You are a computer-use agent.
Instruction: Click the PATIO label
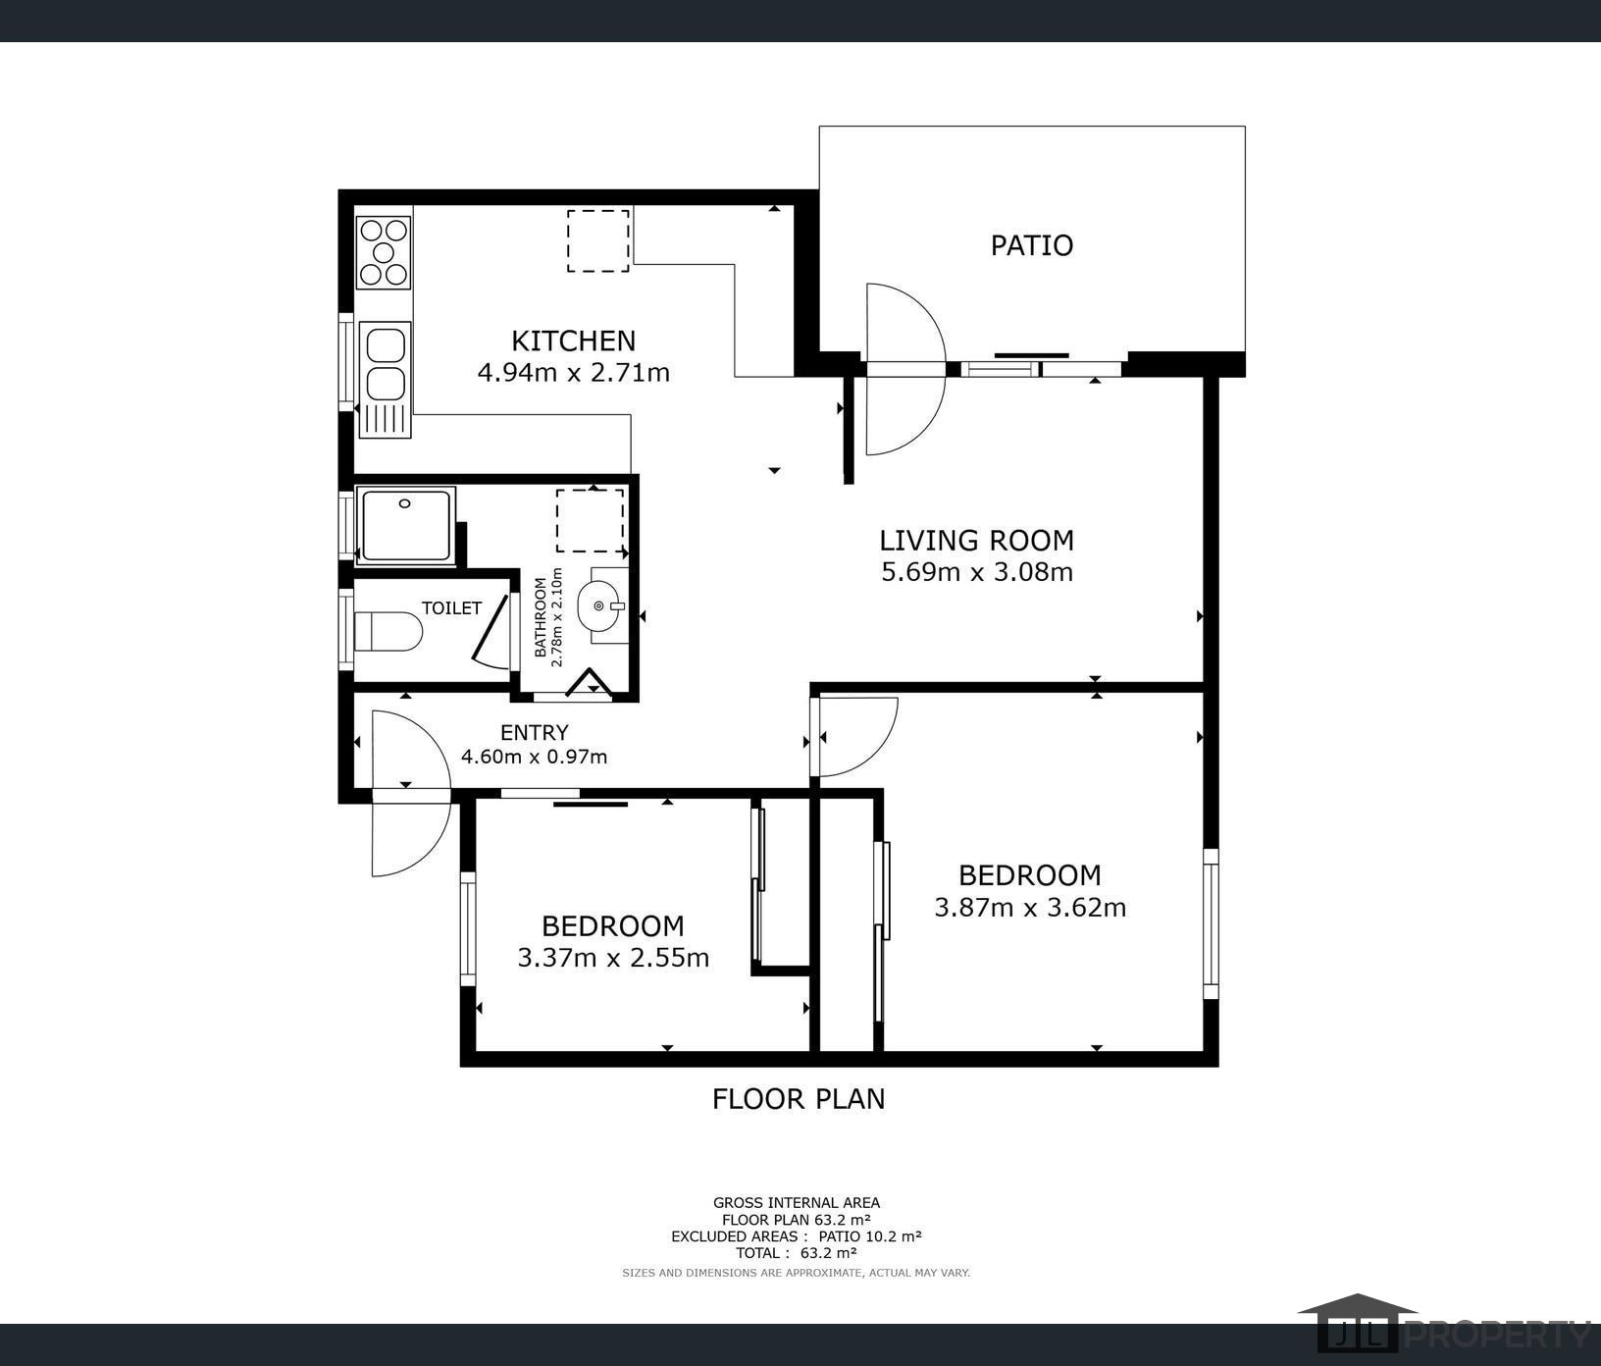1031,244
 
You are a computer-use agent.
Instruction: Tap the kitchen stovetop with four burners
384,251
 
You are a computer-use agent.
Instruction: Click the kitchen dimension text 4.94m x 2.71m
573,373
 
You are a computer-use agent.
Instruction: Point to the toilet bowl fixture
387,632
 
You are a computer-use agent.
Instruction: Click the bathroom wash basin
602,605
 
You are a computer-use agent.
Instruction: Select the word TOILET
451,608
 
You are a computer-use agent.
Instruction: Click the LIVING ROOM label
976,541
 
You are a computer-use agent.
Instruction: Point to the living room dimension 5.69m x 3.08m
977,572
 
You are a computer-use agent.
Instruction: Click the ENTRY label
535,733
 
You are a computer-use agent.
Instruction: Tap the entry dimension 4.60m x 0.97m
535,757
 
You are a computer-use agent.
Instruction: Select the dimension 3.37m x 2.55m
613,958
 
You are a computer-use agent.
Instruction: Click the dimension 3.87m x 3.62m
1030,908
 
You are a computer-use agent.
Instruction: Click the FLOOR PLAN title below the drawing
799,1099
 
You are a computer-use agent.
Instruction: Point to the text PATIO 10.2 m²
870,1236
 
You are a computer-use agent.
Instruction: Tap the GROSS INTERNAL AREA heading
797,1203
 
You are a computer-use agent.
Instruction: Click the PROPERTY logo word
1498,1335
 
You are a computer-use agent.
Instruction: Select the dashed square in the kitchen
597,240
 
